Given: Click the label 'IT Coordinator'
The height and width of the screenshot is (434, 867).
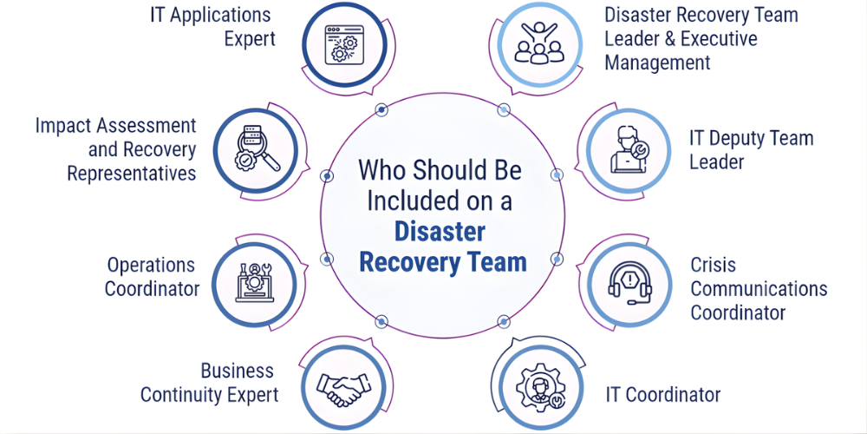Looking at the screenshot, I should [x=662, y=395].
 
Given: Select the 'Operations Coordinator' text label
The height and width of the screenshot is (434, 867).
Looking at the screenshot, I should [x=152, y=277].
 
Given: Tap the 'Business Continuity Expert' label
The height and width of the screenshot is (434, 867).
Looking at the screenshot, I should [x=209, y=383].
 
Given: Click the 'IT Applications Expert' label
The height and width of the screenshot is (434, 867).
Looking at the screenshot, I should [x=211, y=26].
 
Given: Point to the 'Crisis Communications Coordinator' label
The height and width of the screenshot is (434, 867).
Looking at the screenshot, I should [x=759, y=288].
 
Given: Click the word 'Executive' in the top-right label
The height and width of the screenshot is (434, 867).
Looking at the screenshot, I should [x=719, y=39].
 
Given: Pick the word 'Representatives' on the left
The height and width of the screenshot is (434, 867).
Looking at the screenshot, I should [x=132, y=173].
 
